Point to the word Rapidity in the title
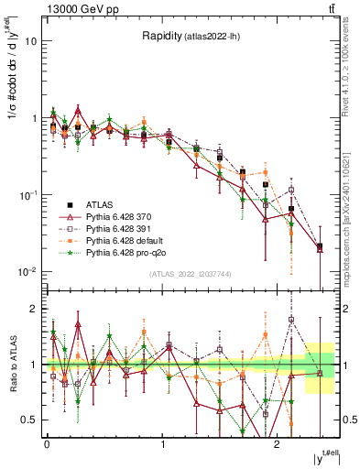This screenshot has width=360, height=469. coord(161,37)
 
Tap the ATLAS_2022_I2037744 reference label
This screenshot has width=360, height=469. coord(190,274)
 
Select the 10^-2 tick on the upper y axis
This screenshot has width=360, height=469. coord(27,271)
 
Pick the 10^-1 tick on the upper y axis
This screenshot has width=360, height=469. coord(27,194)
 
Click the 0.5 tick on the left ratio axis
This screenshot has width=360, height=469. coord(28,420)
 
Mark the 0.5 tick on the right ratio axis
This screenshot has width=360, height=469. coord(346,420)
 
